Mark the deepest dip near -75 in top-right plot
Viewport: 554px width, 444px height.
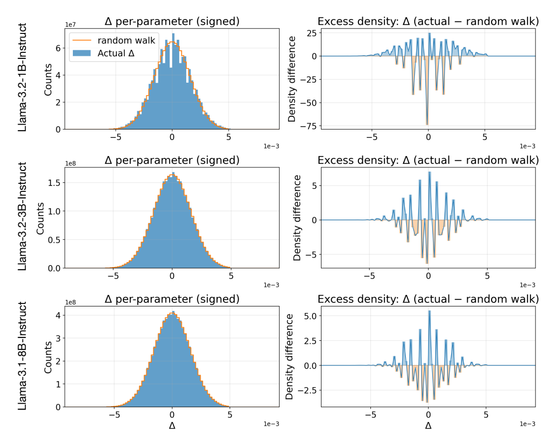coord(427,125)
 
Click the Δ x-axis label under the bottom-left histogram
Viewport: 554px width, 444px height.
coord(172,426)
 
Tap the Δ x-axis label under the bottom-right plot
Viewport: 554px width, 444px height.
coord(428,426)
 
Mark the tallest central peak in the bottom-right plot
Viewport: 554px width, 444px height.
coord(429,311)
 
